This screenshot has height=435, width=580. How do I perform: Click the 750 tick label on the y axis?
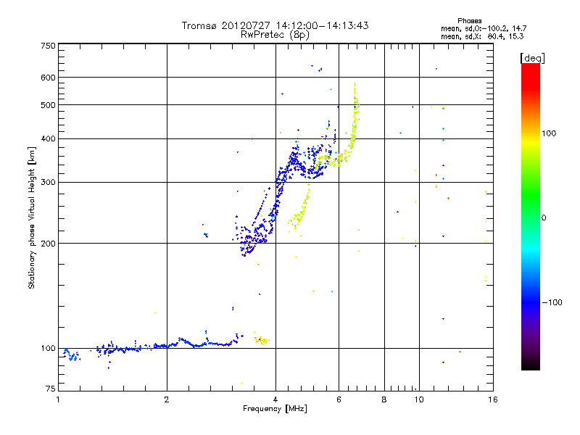pos(48,45)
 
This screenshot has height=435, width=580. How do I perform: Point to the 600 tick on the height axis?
pos(48,77)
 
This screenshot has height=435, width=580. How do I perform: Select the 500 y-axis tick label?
pos(48,105)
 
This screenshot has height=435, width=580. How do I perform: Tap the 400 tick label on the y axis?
pos(48,138)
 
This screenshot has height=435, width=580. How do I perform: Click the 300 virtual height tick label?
pos(48,182)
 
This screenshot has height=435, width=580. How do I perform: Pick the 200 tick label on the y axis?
pos(48,243)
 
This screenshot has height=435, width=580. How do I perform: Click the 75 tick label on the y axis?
pos(50,389)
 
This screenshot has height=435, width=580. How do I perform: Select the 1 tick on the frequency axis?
pos(58,399)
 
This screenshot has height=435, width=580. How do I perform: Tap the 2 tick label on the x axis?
pos(167,399)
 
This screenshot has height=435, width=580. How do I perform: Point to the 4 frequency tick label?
pos(275,399)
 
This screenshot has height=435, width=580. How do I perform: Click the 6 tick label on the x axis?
pos(339,399)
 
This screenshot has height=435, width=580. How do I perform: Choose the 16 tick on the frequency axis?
pos(492,399)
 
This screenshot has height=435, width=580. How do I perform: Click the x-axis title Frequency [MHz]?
pos(274,409)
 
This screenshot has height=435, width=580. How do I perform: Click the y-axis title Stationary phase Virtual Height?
pos(32,217)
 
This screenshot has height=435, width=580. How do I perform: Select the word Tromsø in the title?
pos(199,25)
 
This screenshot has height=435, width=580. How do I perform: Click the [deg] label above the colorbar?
pos(533,57)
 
